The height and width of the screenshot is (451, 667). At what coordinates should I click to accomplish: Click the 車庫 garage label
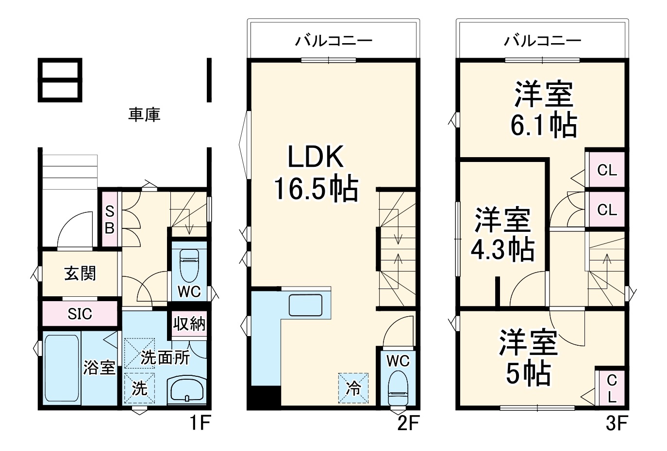[144, 114]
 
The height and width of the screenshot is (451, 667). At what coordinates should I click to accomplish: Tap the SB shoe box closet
[110, 220]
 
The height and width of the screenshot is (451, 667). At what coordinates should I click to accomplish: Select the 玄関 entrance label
[80, 274]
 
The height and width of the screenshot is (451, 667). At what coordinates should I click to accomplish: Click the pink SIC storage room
[80, 314]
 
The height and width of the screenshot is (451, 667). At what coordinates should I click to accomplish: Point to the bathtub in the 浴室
[61, 369]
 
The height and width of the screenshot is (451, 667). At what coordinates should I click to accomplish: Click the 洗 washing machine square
[139, 388]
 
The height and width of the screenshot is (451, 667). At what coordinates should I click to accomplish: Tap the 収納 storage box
[189, 323]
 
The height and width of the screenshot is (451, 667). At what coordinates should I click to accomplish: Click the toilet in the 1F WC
[189, 266]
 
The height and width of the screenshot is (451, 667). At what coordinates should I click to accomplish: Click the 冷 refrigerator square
[353, 388]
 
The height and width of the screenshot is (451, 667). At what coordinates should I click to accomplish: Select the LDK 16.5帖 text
[316, 173]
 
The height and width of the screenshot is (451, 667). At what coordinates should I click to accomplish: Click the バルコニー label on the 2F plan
[334, 40]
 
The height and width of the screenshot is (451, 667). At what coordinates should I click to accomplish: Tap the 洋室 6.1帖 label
[543, 109]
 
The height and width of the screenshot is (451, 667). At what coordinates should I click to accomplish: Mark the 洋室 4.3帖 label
[502, 234]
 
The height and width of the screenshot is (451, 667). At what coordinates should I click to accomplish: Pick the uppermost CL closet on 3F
[606, 170]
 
